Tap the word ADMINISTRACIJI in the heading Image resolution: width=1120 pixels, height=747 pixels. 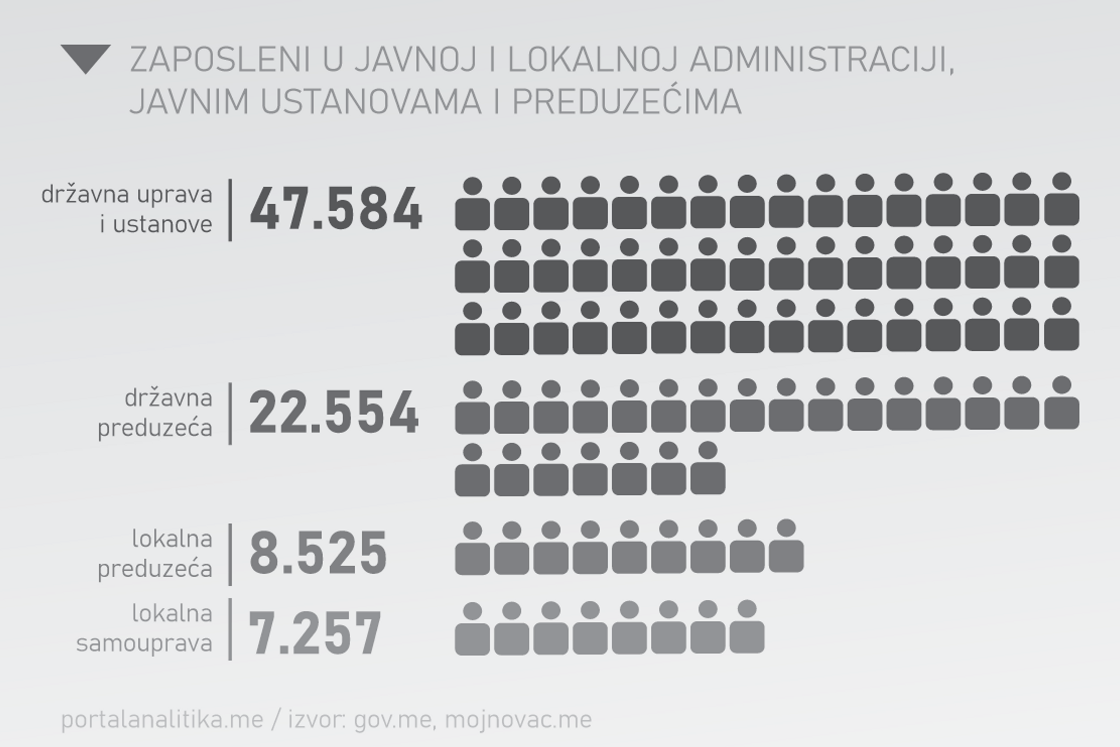tap(821, 60)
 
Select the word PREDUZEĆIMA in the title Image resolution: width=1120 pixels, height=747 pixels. tap(626, 102)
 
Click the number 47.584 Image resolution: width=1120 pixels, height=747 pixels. tap(335, 209)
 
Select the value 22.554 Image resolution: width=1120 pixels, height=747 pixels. tap(334, 413)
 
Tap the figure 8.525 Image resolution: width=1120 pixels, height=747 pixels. tap(318, 553)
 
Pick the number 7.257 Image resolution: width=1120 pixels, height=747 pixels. tap(315, 633)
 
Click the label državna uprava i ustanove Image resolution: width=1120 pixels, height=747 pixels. tap(127, 209)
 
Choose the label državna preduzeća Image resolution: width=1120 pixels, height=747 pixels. tap(155, 413)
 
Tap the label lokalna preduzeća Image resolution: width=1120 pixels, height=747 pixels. tap(155, 553)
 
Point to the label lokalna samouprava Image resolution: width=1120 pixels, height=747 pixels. tap(144, 629)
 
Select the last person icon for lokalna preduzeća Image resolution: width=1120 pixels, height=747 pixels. tap(786, 547)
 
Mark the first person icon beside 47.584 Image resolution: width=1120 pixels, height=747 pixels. tap(472, 204)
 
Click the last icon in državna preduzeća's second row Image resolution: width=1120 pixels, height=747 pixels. tap(708, 470)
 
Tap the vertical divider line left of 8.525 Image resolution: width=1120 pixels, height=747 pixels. tap(230, 554)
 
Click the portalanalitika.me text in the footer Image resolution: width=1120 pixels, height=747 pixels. tap(162, 720)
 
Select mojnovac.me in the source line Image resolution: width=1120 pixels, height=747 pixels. tap(518, 720)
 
